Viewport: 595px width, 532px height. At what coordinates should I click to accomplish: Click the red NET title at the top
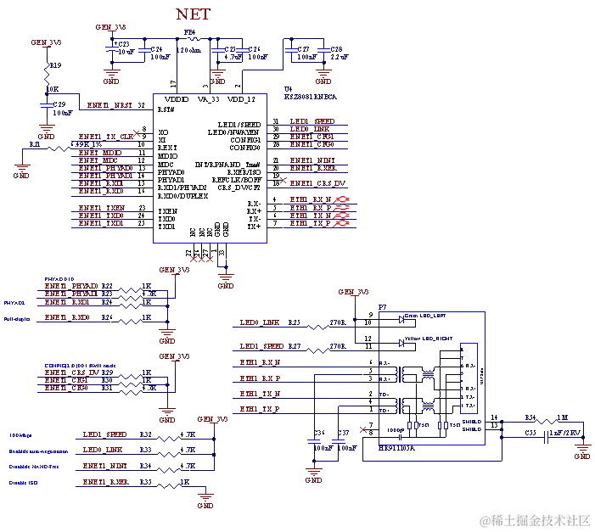[191, 14]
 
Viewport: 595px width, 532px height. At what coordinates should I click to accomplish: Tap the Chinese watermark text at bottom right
[533, 519]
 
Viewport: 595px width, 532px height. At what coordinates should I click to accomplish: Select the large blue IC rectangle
[210, 167]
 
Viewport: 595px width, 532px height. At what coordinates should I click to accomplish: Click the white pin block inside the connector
[469, 377]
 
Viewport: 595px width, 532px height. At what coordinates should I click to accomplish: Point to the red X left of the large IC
[137, 134]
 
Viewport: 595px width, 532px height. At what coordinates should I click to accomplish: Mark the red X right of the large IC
[283, 180]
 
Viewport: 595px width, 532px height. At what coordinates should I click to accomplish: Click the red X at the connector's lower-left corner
[363, 428]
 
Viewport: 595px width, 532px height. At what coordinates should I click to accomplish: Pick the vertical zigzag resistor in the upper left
[48, 78]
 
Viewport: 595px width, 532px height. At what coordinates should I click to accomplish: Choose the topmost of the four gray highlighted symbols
[342, 201]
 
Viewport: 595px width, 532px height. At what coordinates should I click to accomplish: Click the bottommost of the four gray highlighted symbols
[342, 226]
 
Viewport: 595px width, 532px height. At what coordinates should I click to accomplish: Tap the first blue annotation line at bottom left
[19, 435]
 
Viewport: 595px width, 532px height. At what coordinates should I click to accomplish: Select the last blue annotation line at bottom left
[24, 482]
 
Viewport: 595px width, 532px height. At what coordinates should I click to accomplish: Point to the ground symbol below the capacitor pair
[315, 477]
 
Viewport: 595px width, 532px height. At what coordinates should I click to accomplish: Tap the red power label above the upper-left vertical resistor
[45, 42]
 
